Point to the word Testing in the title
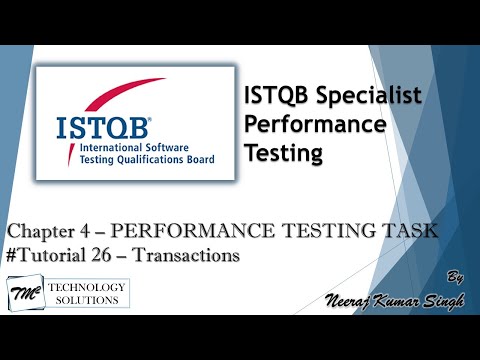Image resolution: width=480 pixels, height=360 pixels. tap(284, 153)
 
